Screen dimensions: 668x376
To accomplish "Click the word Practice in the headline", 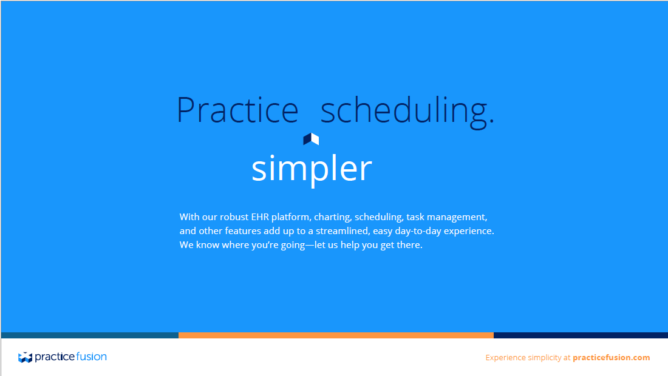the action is [x=237, y=110].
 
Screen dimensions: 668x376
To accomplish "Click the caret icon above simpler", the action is [x=311, y=139].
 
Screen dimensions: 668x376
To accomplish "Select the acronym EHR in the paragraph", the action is [x=260, y=217].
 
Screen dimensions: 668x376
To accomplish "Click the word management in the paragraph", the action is [x=457, y=217].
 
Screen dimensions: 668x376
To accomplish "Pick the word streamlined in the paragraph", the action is [x=343, y=231].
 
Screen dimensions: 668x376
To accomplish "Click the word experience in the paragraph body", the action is [x=469, y=232].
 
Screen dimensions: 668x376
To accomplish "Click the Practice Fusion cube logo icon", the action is [x=25, y=357].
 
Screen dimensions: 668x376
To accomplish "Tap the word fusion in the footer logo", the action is [x=91, y=357].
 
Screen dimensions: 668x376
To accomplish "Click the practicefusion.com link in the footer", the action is [x=612, y=358].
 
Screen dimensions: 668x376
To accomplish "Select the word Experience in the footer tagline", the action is [x=506, y=358].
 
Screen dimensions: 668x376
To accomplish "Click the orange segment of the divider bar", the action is [x=336, y=335].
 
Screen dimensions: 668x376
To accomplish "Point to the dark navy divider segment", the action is [x=581, y=335].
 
